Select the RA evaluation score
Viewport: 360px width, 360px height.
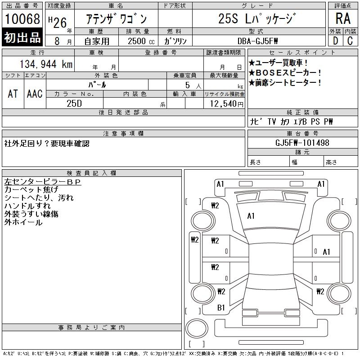click(343, 19)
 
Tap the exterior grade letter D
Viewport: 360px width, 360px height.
click(336, 40)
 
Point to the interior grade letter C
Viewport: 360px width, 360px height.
click(350, 40)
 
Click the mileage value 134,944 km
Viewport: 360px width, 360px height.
click(46, 65)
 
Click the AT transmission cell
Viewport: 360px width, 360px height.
click(13, 94)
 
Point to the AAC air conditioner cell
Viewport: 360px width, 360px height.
click(35, 94)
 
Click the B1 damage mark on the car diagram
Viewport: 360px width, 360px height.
click(221, 308)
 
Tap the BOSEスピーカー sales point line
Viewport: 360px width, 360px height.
click(285, 72)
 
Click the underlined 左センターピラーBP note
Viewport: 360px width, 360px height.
click(42, 182)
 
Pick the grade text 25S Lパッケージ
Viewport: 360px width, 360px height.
click(257, 19)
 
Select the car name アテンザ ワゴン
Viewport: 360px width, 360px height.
click(117, 19)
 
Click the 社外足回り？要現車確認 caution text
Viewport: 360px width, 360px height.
click(47, 144)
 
